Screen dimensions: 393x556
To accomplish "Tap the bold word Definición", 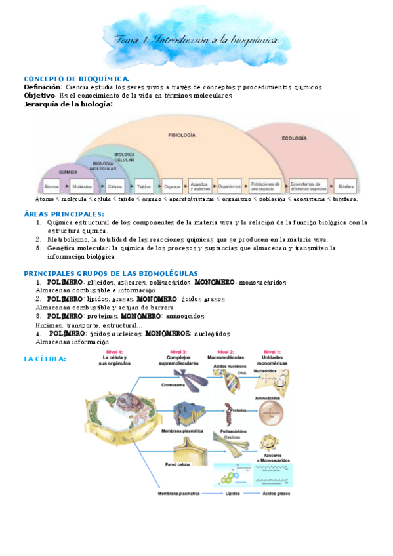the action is click(x=43, y=87).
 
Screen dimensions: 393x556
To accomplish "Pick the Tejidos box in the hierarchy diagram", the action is click(x=144, y=186).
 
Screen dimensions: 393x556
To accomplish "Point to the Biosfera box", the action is click(x=347, y=186).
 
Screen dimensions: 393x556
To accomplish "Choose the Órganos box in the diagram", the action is click(x=173, y=186).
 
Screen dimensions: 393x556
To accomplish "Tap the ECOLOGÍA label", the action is click(x=294, y=138).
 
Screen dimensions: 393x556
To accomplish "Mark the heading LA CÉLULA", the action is click(x=45, y=359).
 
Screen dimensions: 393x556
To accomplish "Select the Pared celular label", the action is click(x=177, y=464).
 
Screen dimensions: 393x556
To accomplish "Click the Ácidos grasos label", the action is click(x=275, y=493).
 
